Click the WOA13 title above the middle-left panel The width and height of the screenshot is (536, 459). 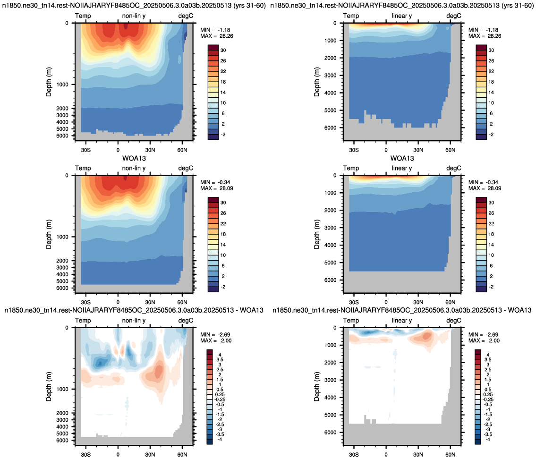134,158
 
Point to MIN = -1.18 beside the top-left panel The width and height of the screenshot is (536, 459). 216,30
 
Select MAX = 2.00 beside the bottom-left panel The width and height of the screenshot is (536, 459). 216,341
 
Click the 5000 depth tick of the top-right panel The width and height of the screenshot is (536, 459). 331,110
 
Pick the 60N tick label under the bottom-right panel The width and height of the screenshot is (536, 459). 450,455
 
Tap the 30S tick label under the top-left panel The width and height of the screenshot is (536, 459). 86,150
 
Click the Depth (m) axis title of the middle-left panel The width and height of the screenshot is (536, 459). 49,234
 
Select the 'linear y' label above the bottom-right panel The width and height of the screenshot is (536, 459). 402,321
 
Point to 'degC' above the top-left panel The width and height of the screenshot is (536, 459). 186,16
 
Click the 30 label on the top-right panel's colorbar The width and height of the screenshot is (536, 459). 491,50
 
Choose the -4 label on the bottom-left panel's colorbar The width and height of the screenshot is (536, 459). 220,439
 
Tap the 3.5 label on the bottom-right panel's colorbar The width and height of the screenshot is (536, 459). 488,359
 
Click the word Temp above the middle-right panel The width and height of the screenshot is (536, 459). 351,168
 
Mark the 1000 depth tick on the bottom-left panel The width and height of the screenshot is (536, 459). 62,389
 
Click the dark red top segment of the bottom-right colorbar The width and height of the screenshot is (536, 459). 477,352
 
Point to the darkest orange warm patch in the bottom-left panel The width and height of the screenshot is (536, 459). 158,371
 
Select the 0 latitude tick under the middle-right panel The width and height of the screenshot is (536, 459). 386,303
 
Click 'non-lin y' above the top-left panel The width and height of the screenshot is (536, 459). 134,16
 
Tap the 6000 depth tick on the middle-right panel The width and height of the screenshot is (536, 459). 331,280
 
